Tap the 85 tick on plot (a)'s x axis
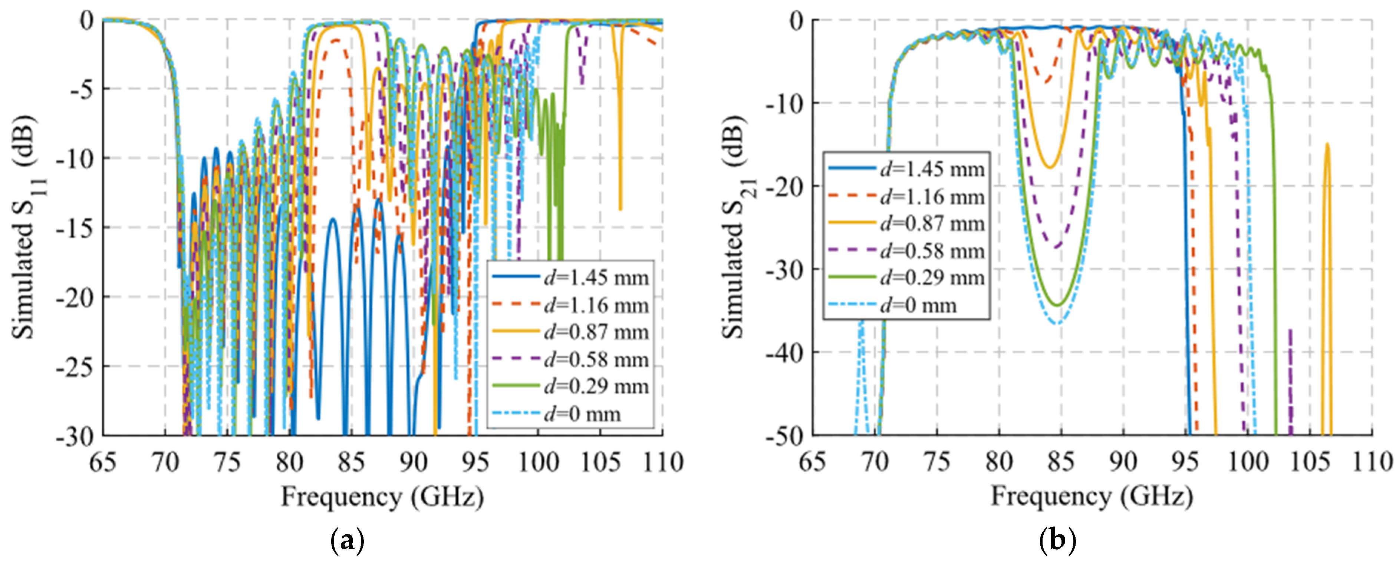pyautogui.click(x=351, y=463)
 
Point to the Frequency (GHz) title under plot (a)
pyautogui.click(x=382, y=497)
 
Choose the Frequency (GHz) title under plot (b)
pyautogui.click(x=1092, y=497)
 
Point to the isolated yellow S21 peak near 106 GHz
pyautogui.click(x=1327, y=144)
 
